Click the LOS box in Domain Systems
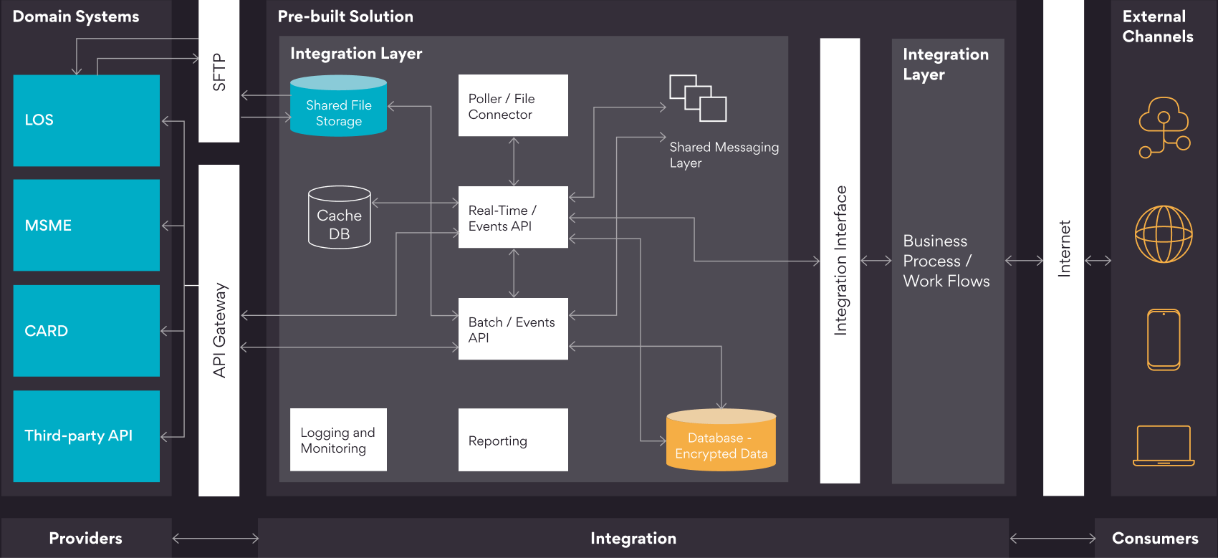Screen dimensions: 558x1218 tap(86, 120)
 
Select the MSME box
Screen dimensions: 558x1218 tap(86, 225)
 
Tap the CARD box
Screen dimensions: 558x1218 tap(86, 330)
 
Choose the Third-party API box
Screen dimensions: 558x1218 tap(86, 436)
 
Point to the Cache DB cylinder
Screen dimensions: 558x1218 tap(339, 218)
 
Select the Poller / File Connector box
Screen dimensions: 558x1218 tap(513, 105)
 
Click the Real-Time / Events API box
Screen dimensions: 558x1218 tap(513, 217)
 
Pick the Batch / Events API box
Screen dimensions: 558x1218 tap(513, 329)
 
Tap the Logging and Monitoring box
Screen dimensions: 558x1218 tap(338, 440)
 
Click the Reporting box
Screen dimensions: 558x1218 tap(513, 440)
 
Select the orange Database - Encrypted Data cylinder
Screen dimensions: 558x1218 tap(721, 441)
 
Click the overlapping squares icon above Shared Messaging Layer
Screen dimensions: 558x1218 tap(698, 98)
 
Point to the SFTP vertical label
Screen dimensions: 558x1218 tap(219, 72)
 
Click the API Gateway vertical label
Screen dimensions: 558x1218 tap(219, 329)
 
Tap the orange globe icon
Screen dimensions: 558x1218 tap(1164, 234)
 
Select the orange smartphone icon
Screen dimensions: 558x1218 tap(1164, 340)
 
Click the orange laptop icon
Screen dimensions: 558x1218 tap(1164, 446)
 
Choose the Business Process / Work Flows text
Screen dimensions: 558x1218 tap(946, 261)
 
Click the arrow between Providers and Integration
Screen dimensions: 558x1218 tap(215, 538)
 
